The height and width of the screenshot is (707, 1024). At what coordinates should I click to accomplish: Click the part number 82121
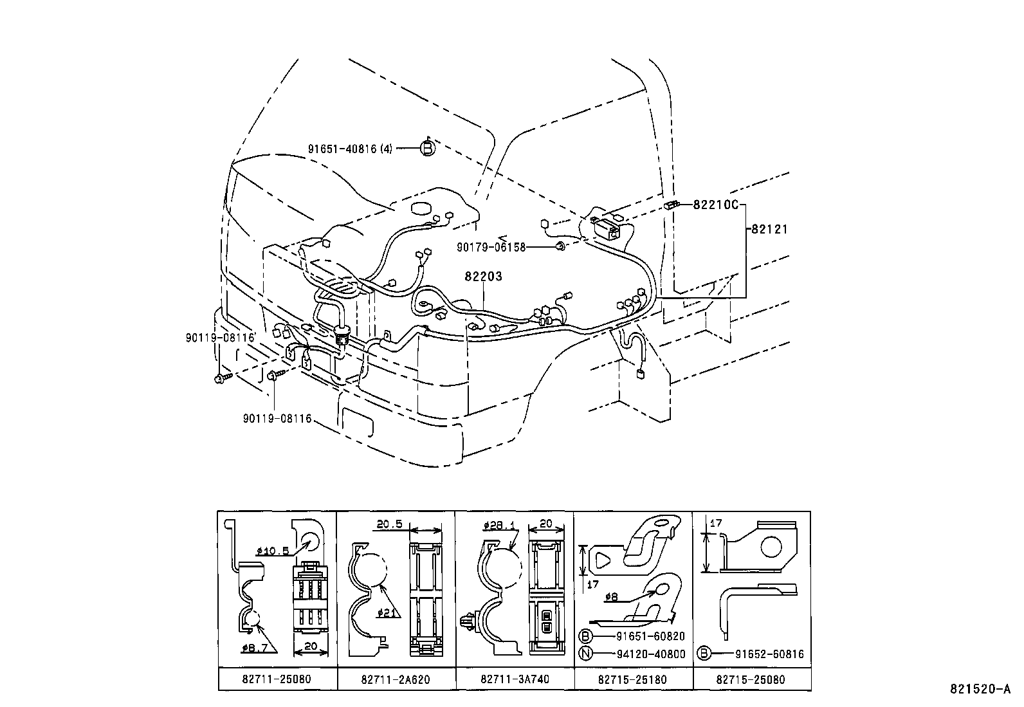pyautogui.click(x=768, y=229)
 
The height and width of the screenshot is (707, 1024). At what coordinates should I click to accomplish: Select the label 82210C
pyautogui.click(x=717, y=205)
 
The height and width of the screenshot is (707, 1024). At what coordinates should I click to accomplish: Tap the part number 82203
pyautogui.click(x=484, y=277)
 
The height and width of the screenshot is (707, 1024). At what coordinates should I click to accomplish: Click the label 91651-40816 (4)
pyautogui.click(x=349, y=149)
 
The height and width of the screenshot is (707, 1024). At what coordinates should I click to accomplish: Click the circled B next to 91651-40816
pyautogui.click(x=427, y=149)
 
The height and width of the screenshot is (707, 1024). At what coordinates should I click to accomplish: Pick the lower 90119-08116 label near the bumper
pyautogui.click(x=277, y=419)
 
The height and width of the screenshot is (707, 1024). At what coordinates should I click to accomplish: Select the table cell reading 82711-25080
pyautogui.click(x=277, y=679)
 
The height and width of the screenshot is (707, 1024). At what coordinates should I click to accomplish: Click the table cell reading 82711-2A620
pyautogui.click(x=396, y=679)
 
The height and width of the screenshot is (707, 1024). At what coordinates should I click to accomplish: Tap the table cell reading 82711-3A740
pyautogui.click(x=515, y=679)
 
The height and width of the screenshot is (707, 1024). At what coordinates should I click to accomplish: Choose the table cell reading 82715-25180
pyautogui.click(x=632, y=679)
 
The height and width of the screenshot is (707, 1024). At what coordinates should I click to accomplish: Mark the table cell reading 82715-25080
pyautogui.click(x=751, y=679)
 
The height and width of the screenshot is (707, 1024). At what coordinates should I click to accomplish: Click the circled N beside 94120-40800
pyautogui.click(x=585, y=654)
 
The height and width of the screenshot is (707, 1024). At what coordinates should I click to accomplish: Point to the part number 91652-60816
pyautogui.click(x=769, y=654)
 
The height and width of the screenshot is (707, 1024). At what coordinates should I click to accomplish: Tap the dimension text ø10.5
pyautogui.click(x=273, y=551)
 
